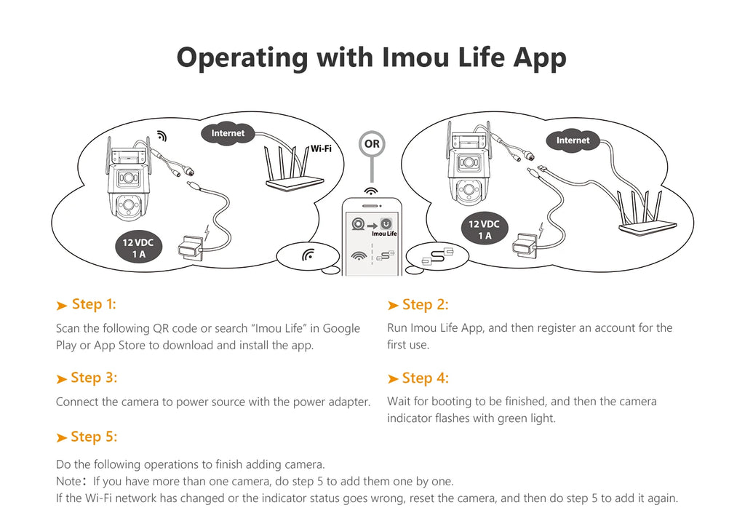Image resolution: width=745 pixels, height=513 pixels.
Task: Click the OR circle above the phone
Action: click(372, 144)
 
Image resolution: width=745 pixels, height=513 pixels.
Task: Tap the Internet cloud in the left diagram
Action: click(228, 133)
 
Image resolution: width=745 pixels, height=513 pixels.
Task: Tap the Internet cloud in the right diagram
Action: click(573, 140)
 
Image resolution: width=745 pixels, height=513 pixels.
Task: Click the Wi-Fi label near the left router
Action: click(321, 148)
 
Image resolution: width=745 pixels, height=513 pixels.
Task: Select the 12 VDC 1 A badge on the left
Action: click(138, 248)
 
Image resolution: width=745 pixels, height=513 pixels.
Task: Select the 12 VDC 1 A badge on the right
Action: click(484, 230)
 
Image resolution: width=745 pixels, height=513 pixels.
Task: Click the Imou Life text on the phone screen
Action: click(384, 234)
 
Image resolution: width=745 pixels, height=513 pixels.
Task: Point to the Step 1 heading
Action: click(93, 304)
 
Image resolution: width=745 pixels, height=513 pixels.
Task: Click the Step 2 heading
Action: click(425, 305)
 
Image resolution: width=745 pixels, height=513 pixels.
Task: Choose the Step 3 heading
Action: click(93, 378)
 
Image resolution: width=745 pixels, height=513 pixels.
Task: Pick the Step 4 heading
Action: click(425, 378)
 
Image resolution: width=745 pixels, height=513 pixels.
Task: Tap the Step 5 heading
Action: click(93, 437)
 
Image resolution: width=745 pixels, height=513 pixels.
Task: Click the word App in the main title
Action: click(539, 57)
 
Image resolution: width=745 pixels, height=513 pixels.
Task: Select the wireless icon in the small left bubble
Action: click(308, 255)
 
